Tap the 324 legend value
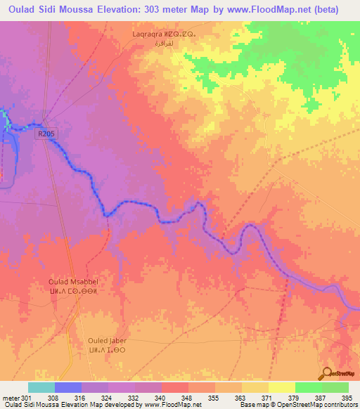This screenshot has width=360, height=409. click(x=108, y=398)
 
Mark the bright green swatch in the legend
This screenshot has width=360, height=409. click(x=307, y=387)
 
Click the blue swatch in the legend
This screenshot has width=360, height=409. click(x=67, y=387)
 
